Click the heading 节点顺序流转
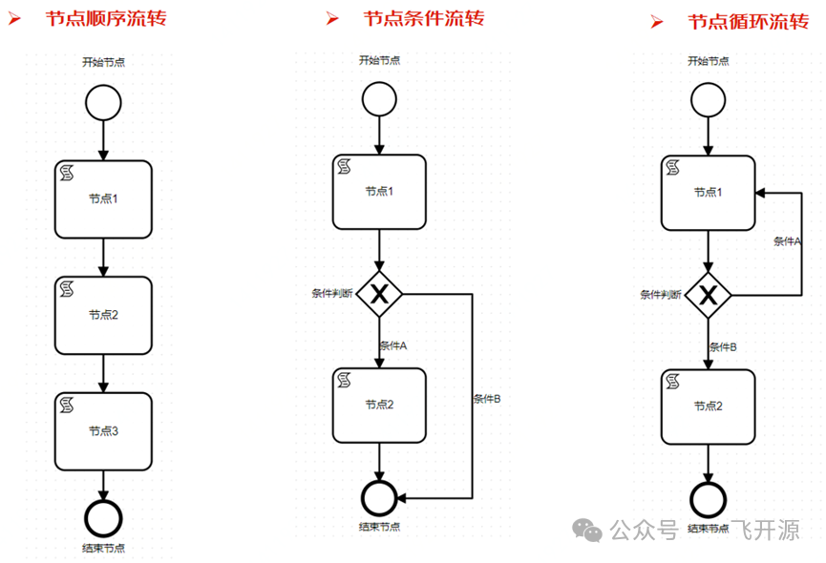coord(106,18)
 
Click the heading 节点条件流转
coord(424,18)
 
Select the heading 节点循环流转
coord(749,22)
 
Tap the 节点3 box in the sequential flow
coord(103,430)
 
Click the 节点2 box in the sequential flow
coord(103,315)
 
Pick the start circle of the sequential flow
coord(102,101)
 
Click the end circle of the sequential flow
coord(102,516)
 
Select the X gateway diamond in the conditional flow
coord(380,296)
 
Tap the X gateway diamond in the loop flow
coord(708,296)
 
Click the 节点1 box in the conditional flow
coord(379,192)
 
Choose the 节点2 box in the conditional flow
coord(379,405)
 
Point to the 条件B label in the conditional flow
coord(487,399)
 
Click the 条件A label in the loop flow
coord(787,241)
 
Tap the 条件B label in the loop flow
coord(723,347)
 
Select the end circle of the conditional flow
coord(379,498)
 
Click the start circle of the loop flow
coord(708,99)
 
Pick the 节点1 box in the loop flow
coord(708,193)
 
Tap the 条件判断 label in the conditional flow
coord(331,293)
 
